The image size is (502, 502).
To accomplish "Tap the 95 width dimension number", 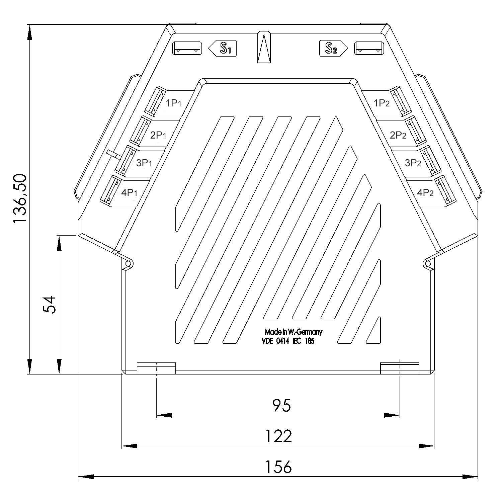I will [x=281, y=405].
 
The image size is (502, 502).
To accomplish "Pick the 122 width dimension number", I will [x=278, y=436].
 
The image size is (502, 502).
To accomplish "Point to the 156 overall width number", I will [x=278, y=467].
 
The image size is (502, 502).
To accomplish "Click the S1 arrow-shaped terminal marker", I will [x=223, y=49].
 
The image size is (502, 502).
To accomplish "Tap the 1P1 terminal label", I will [x=174, y=103].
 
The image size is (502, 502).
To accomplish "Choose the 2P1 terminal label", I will [x=158, y=135].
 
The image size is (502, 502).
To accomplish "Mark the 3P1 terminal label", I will [x=144, y=163].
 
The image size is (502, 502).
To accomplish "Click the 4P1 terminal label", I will [x=129, y=193].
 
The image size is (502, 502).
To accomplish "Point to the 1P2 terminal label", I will [x=382, y=103].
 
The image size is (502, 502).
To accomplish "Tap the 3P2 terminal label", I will [x=413, y=163].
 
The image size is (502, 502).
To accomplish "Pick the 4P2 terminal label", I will [x=425, y=193].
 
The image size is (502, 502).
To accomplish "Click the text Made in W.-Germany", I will [x=293, y=332].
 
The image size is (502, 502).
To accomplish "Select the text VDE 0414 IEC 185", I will [x=288, y=341].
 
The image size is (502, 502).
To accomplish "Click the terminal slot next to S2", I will [x=369, y=48].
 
